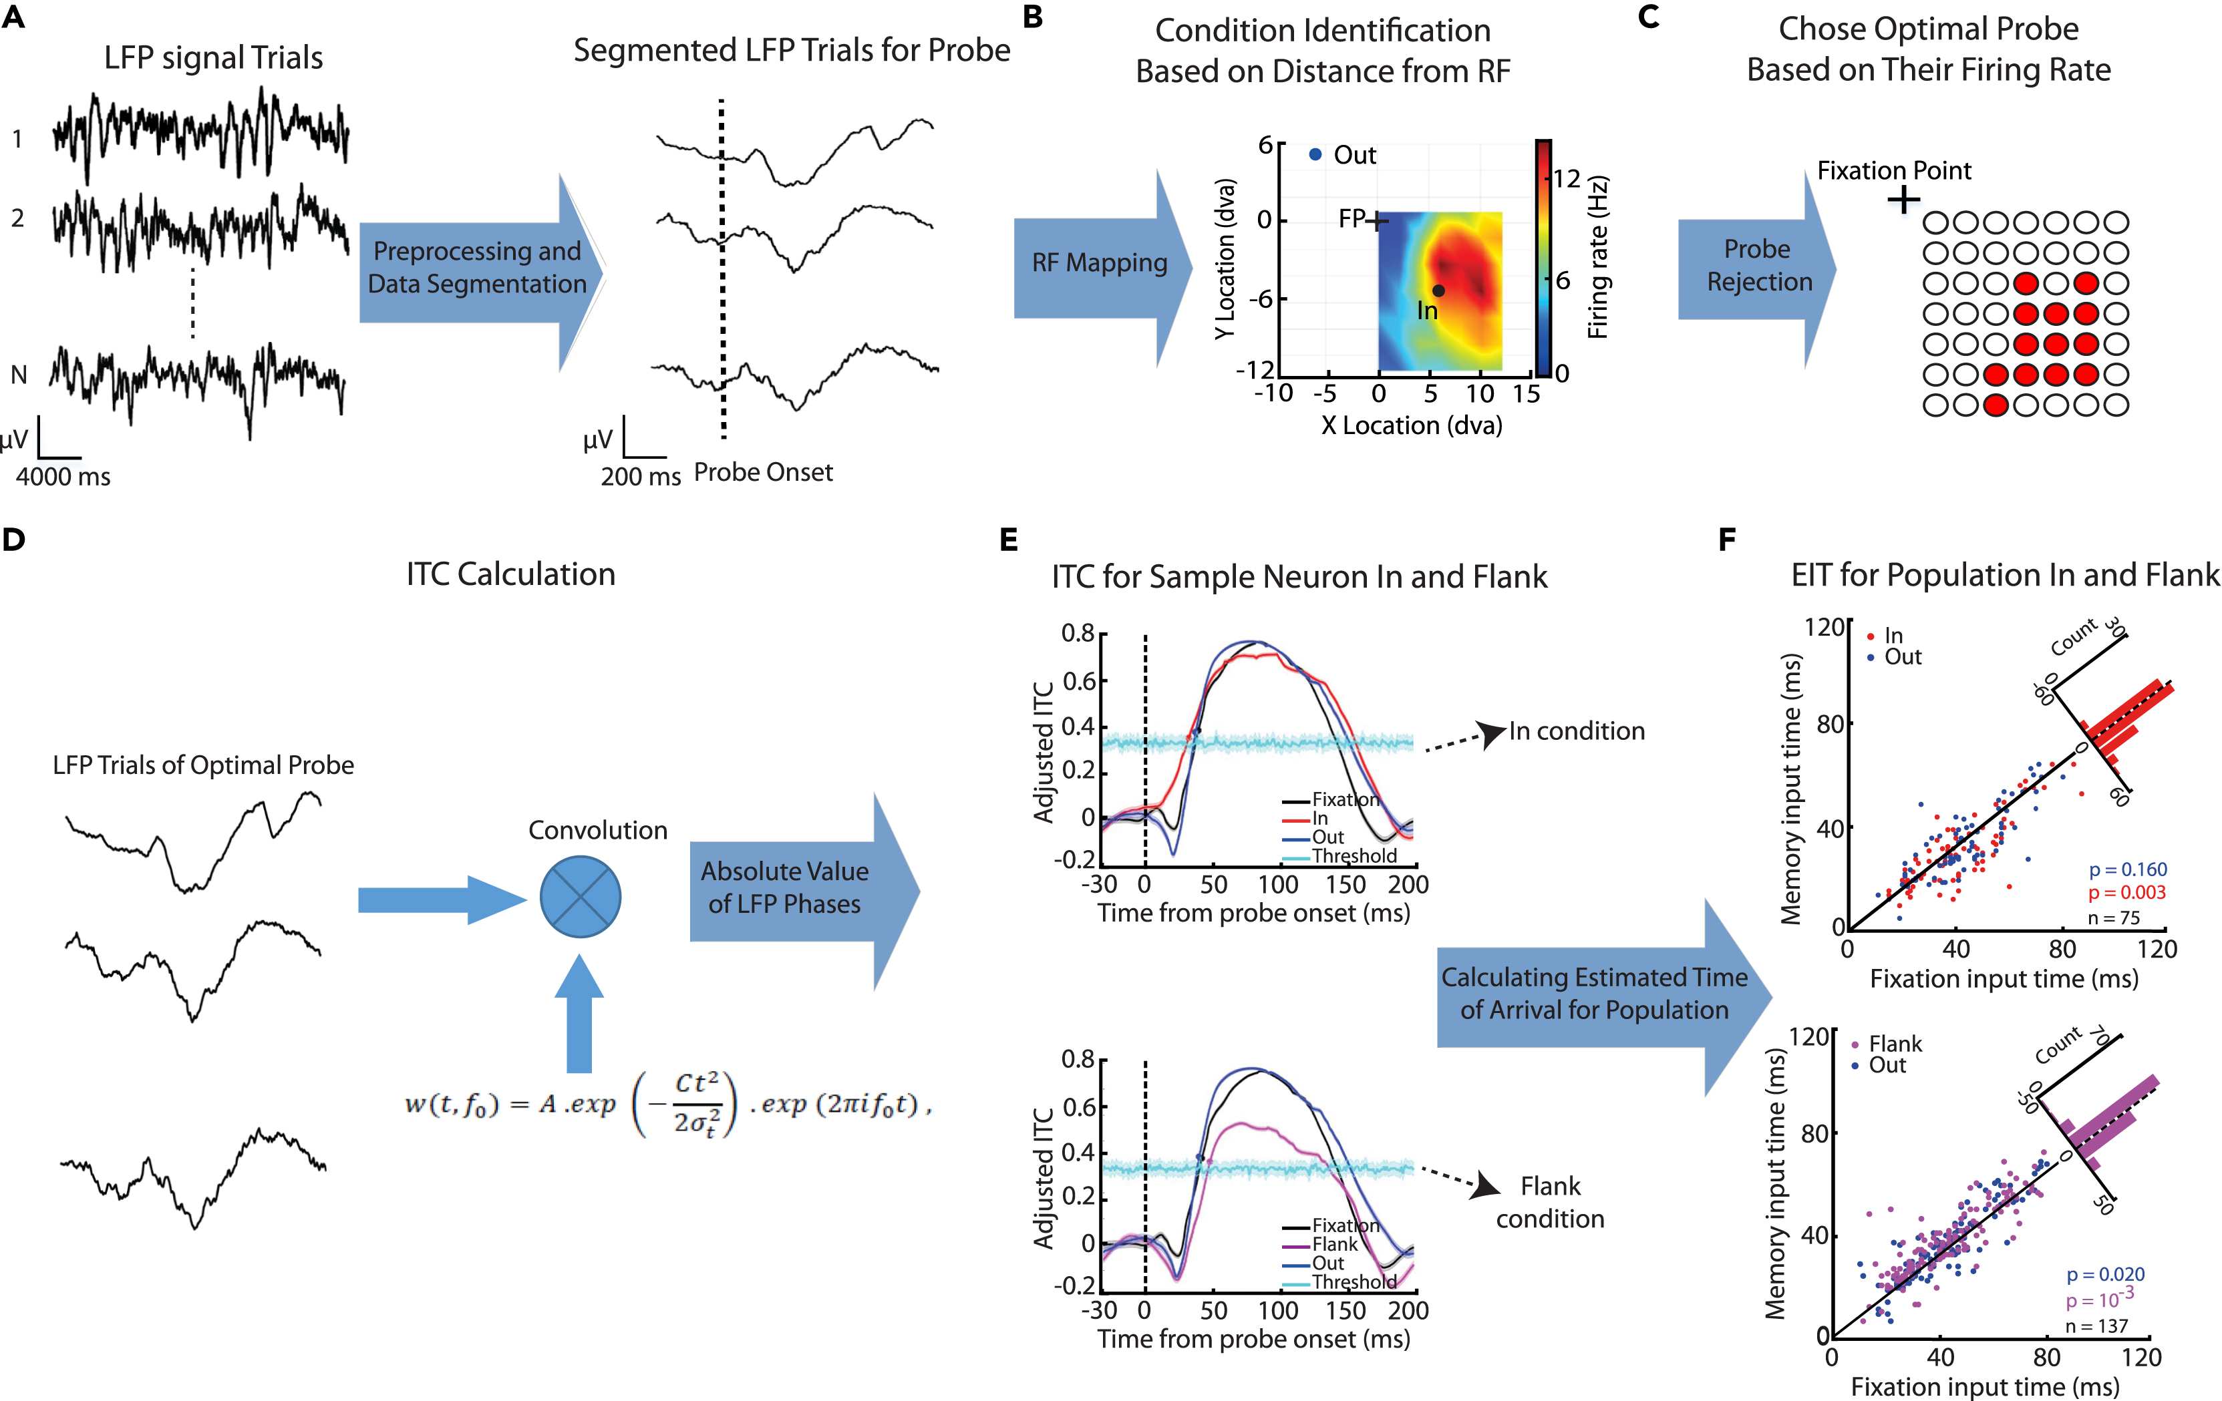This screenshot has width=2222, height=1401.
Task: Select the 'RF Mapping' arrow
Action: pyautogui.click(x=1098, y=264)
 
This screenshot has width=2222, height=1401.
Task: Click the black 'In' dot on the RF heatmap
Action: pyautogui.click(x=1438, y=290)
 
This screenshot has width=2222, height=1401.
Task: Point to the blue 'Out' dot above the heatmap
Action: pyautogui.click(x=1315, y=154)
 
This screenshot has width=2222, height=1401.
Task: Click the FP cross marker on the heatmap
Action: pyautogui.click(x=1378, y=221)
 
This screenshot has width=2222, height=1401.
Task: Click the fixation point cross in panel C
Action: pyautogui.click(x=1903, y=199)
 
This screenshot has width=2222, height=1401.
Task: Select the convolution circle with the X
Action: pyautogui.click(x=579, y=896)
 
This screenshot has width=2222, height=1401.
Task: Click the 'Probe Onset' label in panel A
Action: pyautogui.click(x=763, y=472)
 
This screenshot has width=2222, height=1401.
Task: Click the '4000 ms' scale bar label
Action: pyautogui.click(x=63, y=477)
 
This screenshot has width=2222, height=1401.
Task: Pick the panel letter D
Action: pyautogui.click(x=14, y=540)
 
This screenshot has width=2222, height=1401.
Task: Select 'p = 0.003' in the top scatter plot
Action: pyautogui.click(x=2126, y=892)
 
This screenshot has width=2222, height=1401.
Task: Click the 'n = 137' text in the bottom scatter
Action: pyautogui.click(x=2096, y=1326)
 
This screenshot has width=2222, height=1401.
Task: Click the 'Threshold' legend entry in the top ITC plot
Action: pyautogui.click(x=1354, y=856)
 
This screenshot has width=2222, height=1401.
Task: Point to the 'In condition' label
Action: pyautogui.click(x=1576, y=731)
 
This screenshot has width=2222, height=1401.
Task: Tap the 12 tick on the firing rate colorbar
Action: pyautogui.click(x=1566, y=178)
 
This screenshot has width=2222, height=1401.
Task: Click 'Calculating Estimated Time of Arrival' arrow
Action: pyautogui.click(x=1593, y=994)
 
